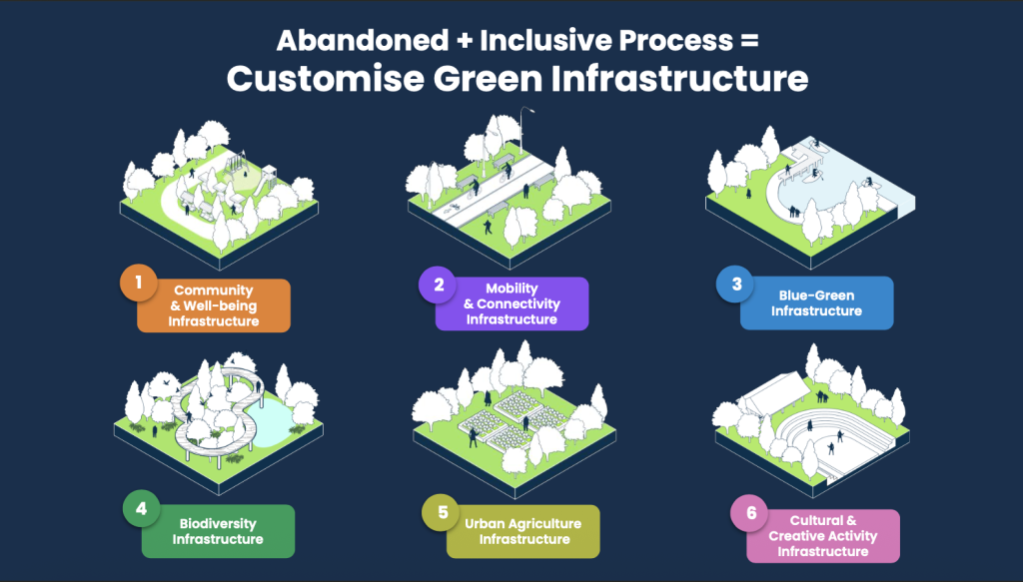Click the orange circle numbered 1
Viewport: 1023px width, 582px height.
pos(138,283)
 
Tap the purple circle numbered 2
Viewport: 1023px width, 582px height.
pos(439,285)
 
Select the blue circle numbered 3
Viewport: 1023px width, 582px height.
pos(736,285)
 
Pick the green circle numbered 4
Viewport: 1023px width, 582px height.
pos(142,508)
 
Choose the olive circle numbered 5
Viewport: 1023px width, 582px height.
pos(443,512)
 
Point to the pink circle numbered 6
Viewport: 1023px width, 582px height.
pos(750,513)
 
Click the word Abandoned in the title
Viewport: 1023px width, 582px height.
pos(362,40)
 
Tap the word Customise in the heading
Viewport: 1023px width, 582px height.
pos(326,79)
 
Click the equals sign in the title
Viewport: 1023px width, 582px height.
pos(749,41)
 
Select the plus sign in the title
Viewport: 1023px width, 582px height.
pos(464,41)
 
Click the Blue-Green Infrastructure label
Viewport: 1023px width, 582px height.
pos(816,303)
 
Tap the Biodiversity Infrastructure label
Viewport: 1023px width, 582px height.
pos(218,531)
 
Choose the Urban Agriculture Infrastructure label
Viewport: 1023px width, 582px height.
pos(523,531)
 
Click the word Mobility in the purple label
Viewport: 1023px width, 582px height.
pos(511,289)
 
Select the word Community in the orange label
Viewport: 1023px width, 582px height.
pos(214,291)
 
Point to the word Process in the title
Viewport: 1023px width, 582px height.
pos(676,40)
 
